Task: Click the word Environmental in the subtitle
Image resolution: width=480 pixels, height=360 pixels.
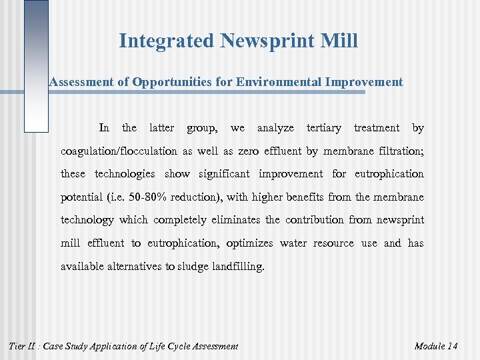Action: pos(283,82)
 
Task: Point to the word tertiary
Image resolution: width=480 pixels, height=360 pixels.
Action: pos(323,127)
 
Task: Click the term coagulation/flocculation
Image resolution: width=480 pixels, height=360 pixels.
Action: pos(119,151)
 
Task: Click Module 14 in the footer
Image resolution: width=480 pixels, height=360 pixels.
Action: pos(435,345)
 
